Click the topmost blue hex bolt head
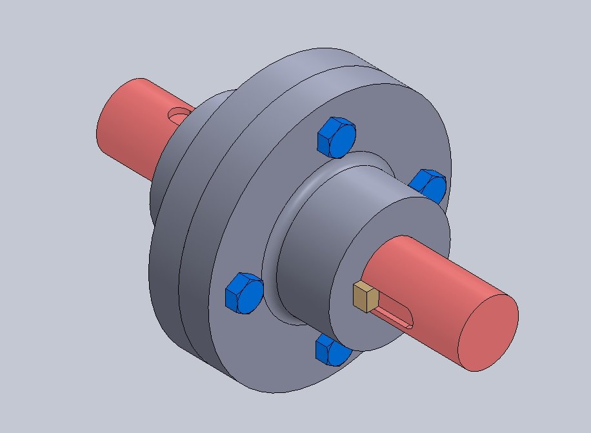[x=337, y=137]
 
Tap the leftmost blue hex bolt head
[x=243, y=293]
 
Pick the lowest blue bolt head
[x=332, y=352]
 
